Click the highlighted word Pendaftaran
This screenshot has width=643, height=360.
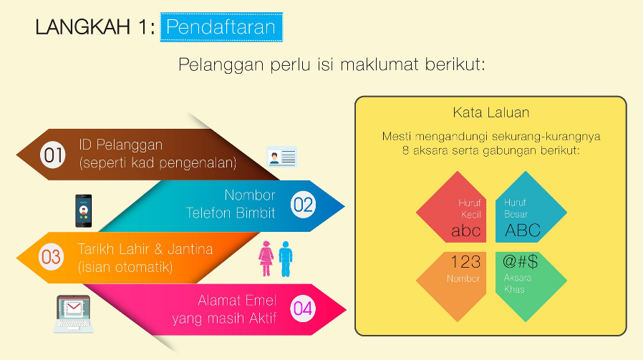click(x=221, y=27)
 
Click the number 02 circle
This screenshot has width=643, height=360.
click(x=303, y=205)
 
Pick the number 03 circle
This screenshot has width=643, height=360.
click(x=51, y=256)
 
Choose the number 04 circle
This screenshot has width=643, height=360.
click(x=303, y=308)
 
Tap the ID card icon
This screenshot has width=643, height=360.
click(x=281, y=157)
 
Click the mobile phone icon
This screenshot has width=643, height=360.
click(x=84, y=210)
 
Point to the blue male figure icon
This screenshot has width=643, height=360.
click(x=285, y=258)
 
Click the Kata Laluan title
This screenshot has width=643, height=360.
click(x=490, y=113)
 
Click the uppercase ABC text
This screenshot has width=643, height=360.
click(x=522, y=230)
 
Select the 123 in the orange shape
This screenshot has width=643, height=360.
click(x=465, y=262)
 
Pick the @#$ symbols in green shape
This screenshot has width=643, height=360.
click(x=521, y=262)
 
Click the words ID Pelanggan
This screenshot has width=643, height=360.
click(x=120, y=145)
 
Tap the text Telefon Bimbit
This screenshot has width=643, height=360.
click(x=230, y=213)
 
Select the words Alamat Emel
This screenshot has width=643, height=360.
click(x=236, y=300)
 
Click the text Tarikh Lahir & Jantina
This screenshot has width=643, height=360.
click(x=145, y=249)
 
